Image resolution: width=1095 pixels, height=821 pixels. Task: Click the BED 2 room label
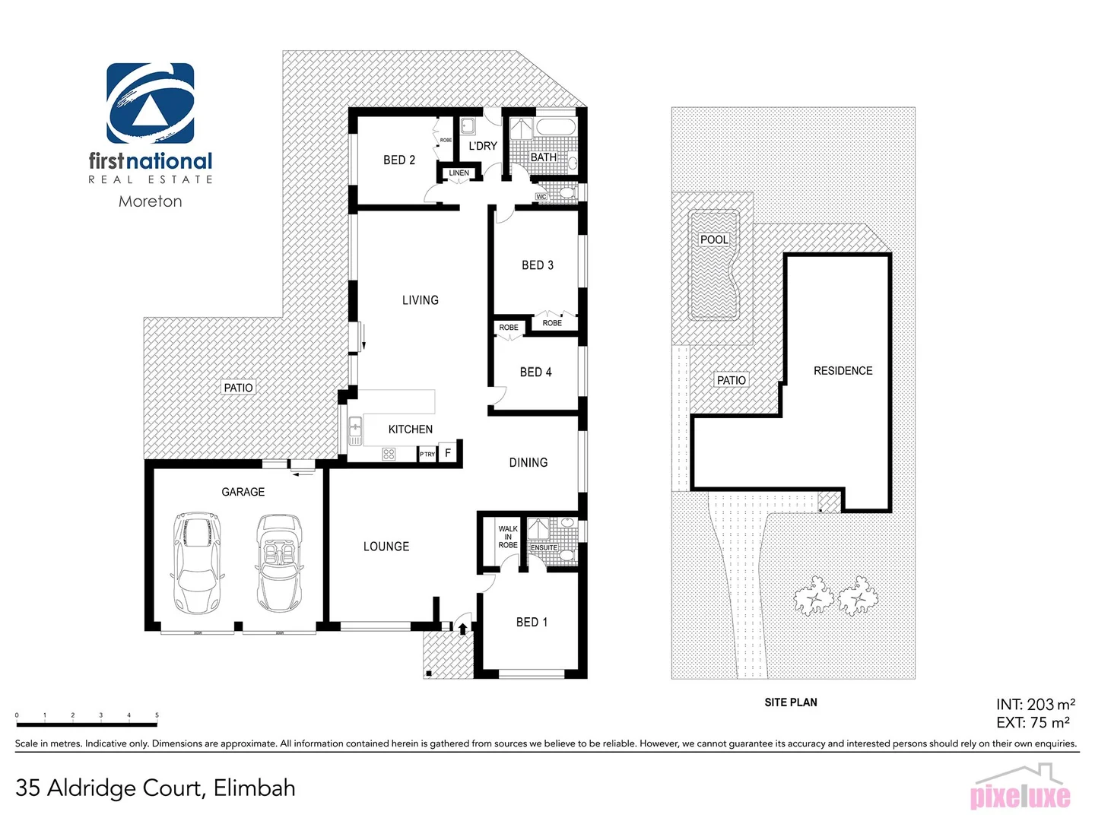pyautogui.click(x=399, y=160)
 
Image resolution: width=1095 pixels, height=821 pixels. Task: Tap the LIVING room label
pyautogui.click(x=421, y=300)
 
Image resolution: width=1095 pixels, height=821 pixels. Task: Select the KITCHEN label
pyautogui.click(x=411, y=430)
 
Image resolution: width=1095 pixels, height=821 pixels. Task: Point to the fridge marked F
pyautogui.click(x=448, y=453)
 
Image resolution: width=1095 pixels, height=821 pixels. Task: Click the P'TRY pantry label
pyautogui.click(x=427, y=455)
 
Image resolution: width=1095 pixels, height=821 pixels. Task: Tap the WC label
pyautogui.click(x=541, y=197)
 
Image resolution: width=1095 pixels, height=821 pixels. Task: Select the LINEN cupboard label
pyautogui.click(x=459, y=173)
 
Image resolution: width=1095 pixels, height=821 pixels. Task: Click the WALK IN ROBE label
pyautogui.click(x=508, y=537)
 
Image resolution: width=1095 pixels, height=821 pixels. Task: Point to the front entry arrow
pyautogui.click(x=462, y=629)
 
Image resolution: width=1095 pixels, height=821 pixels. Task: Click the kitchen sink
pyautogui.click(x=355, y=431)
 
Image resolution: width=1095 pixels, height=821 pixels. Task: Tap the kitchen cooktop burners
pyautogui.click(x=389, y=455)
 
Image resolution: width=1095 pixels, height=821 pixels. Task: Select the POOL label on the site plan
pyautogui.click(x=714, y=239)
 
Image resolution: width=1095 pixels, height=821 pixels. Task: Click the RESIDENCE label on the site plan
pyautogui.click(x=843, y=371)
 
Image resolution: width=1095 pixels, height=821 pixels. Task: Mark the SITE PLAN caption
pyautogui.click(x=791, y=702)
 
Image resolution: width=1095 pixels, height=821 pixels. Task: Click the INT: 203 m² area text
pyautogui.click(x=1035, y=705)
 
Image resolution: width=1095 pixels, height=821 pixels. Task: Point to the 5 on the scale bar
pyautogui.click(x=157, y=715)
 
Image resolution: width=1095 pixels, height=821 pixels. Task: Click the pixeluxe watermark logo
pyautogui.click(x=1020, y=792)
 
